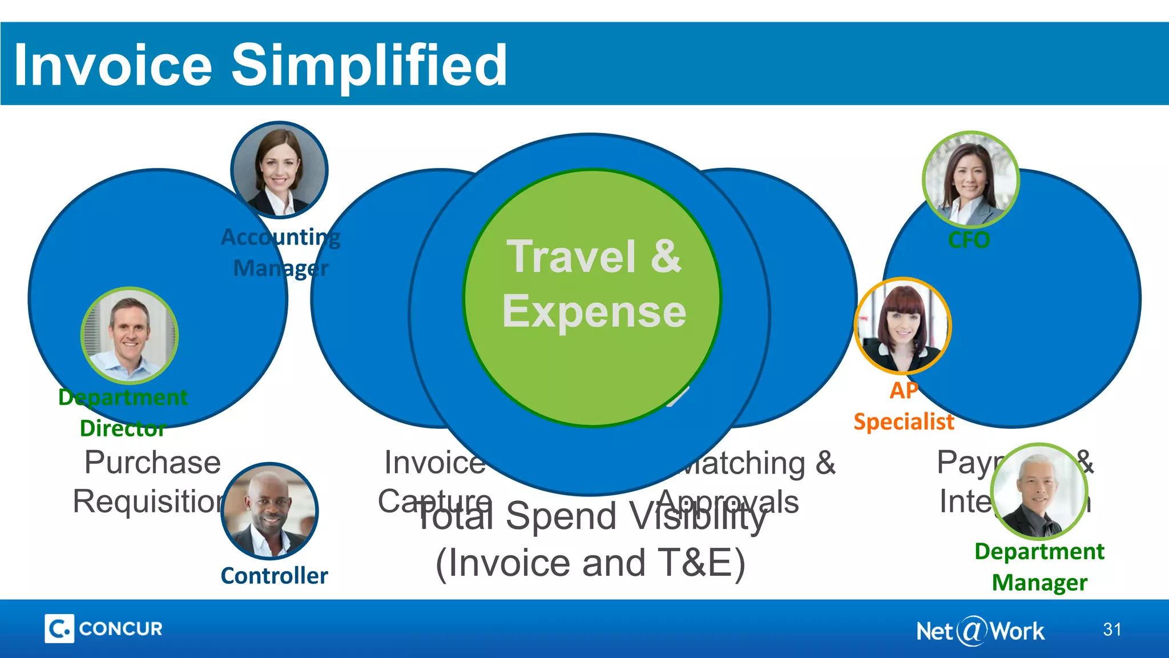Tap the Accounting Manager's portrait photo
coord(279,170)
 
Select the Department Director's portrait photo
coord(130,336)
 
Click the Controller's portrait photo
coord(269,511)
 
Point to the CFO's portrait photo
coord(970,179)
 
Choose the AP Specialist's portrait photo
coord(902,326)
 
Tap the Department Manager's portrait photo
coord(1039,492)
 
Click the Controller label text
coord(274,576)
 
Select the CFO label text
coord(969,240)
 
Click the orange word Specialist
coord(904,422)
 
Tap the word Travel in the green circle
coord(571,257)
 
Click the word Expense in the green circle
coord(594,312)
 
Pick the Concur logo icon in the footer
coord(59,629)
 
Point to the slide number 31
coord(1112,629)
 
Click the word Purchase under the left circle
coord(152,462)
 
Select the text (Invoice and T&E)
coord(590,563)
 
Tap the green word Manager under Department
coord(1039,583)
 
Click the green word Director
coord(123,428)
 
